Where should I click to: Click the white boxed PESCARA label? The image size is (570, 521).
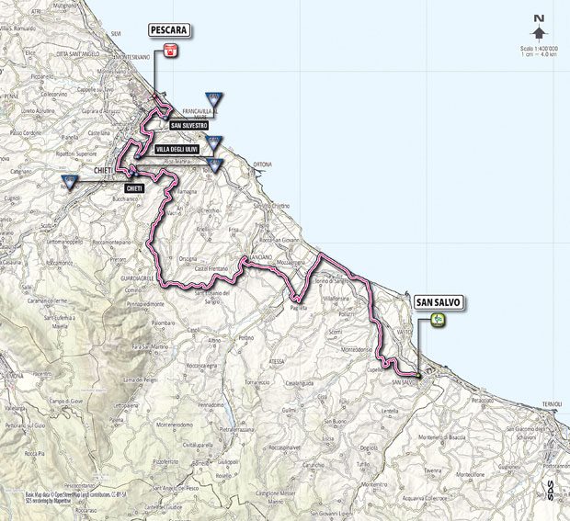click(x=169, y=30)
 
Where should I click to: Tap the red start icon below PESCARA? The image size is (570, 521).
click(x=170, y=51)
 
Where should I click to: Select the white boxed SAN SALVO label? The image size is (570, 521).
click(x=438, y=300)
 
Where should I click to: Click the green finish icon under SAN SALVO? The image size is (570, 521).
click(x=439, y=320)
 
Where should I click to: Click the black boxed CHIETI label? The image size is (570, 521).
click(x=135, y=187)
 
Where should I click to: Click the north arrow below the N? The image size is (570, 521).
click(x=538, y=32)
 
